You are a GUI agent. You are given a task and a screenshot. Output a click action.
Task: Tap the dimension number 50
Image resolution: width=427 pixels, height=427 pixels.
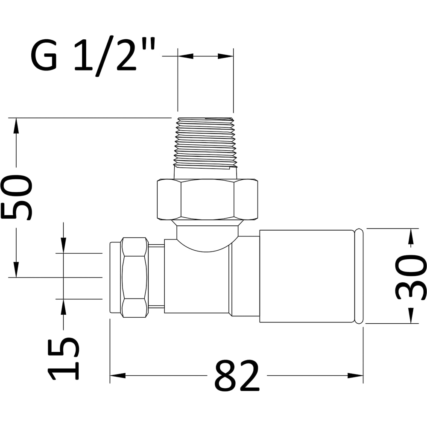[x=17, y=198]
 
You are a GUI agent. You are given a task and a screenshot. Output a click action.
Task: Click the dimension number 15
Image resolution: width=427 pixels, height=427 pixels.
[x=64, y=358]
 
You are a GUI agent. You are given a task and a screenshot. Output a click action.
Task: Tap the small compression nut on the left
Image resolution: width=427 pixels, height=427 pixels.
[x=135, y=277]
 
